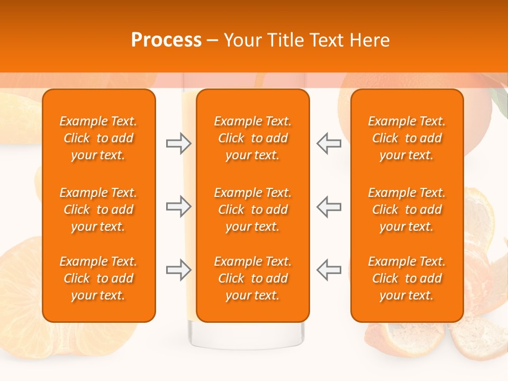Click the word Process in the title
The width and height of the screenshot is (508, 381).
(x=166, y=40)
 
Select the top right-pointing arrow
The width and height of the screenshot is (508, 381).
(x=178, y=143)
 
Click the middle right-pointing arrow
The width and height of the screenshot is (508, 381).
(x=178, y=206)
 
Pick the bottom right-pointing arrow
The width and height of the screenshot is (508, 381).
(x=178, y=269)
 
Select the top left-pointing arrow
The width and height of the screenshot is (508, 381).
(x=329, y=143)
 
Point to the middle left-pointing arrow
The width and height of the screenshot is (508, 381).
(x=329, y=206)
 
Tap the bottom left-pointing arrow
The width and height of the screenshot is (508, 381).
(x=329, y=269)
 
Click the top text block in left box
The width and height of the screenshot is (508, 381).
(x=98, y=138)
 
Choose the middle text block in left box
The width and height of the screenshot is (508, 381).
(x=98, y=210)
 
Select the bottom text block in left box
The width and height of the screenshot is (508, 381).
(x=98, y=278)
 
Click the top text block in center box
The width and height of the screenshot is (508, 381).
(x=253, y=138)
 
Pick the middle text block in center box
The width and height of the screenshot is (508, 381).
(x=253, y=210)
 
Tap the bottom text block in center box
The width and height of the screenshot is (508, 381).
(x=253, y=278)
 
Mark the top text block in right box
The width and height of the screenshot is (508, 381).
(x=407, y=138)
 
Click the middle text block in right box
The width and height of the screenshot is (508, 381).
(x=407, y=210)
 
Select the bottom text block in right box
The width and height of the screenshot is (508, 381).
(x=407, y=278)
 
